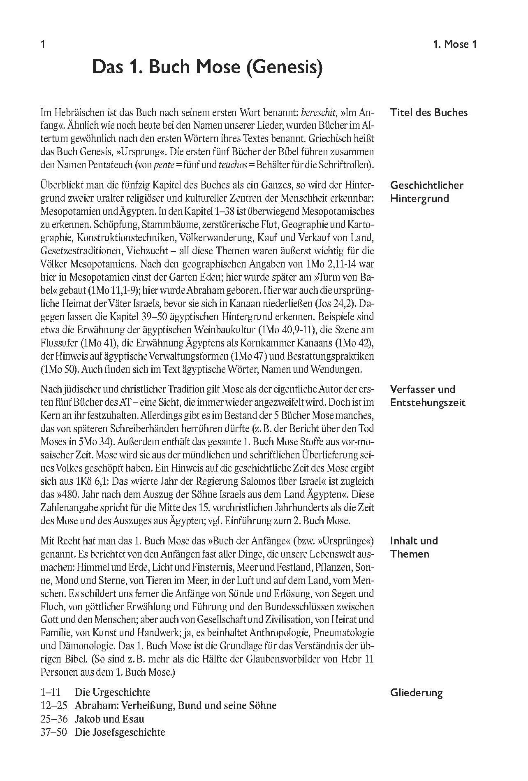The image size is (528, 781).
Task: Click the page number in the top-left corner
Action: [43, 44]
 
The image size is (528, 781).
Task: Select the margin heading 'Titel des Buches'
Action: [429, 112]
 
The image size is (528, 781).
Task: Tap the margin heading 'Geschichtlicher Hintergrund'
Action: [427, 192]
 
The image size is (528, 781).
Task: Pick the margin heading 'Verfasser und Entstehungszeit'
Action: [428, 396]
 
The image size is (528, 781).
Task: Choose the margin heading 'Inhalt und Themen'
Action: [414, 547]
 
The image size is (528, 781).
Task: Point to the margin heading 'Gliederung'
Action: [417, 693]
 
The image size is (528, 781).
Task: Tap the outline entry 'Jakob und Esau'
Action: [109, 719]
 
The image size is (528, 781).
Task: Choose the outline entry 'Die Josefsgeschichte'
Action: [120, 732]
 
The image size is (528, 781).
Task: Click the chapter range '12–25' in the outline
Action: [54, 706]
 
